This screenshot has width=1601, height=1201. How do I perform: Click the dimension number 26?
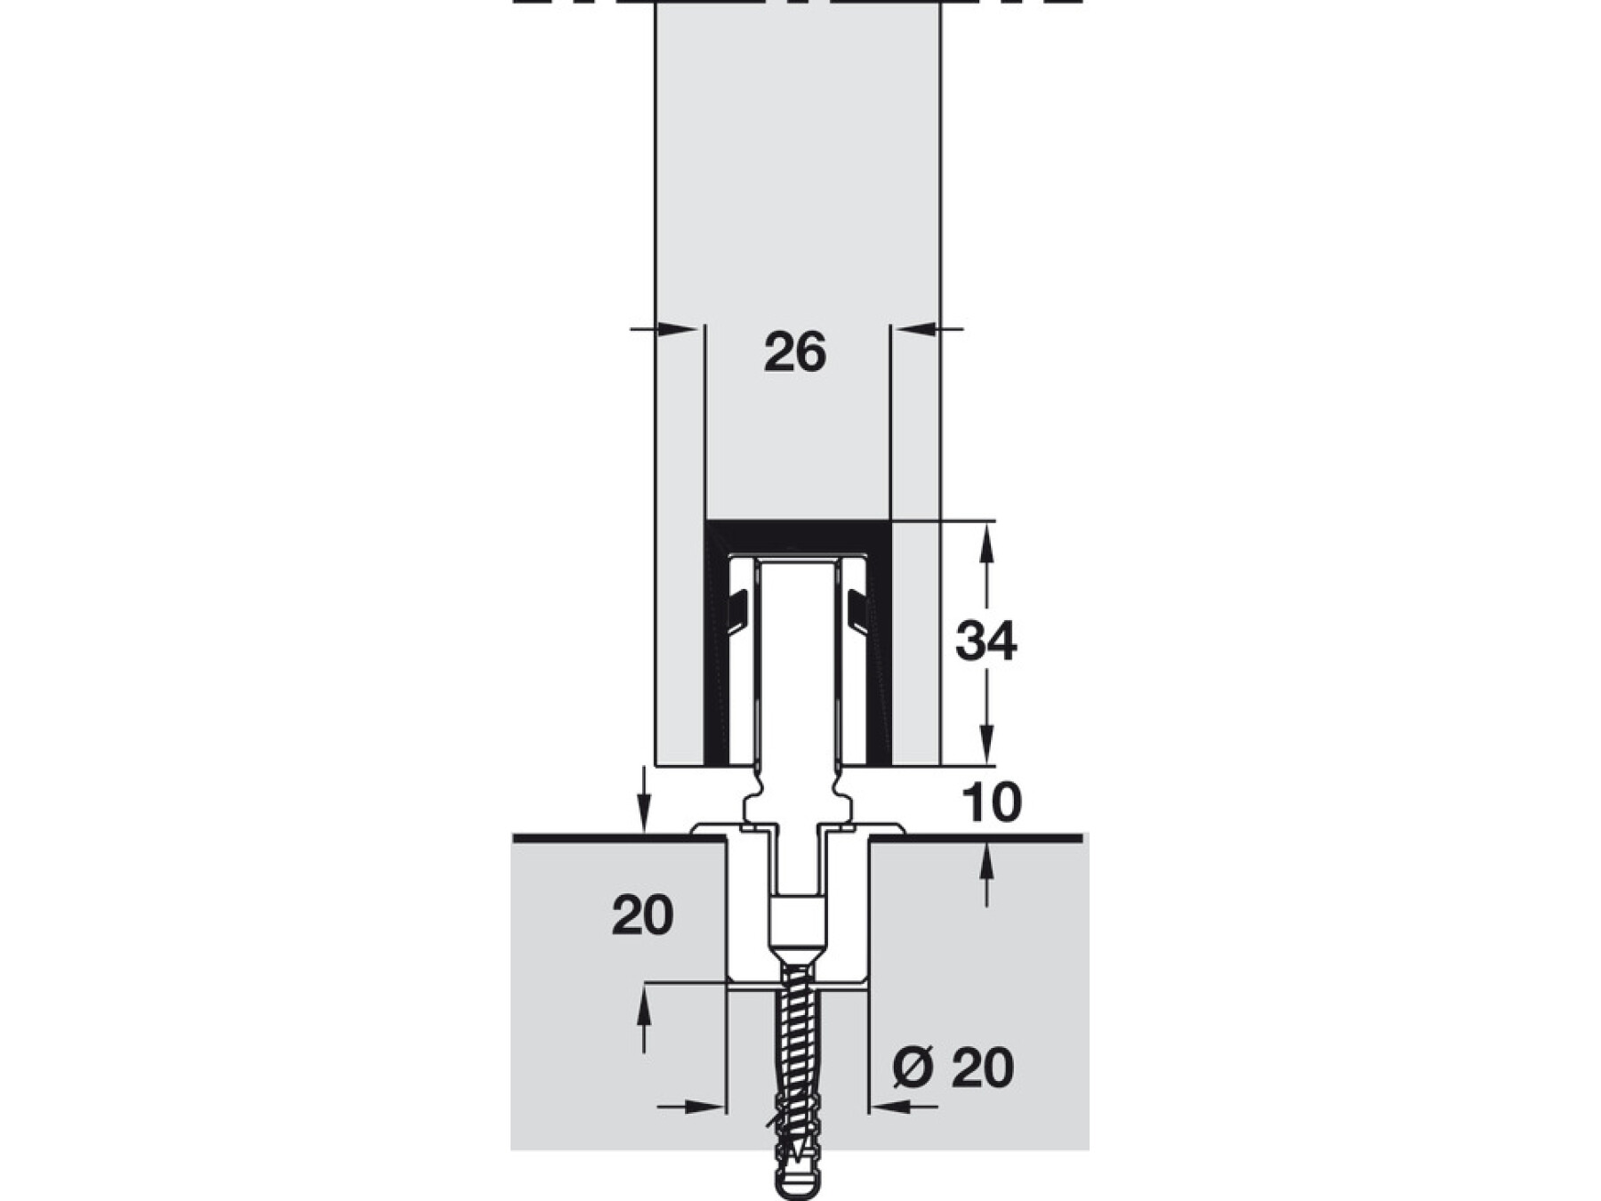794,352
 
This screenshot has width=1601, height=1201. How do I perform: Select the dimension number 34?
986,641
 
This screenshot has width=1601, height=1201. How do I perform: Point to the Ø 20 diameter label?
952,1067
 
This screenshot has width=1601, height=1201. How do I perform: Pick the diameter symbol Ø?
912,1067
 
